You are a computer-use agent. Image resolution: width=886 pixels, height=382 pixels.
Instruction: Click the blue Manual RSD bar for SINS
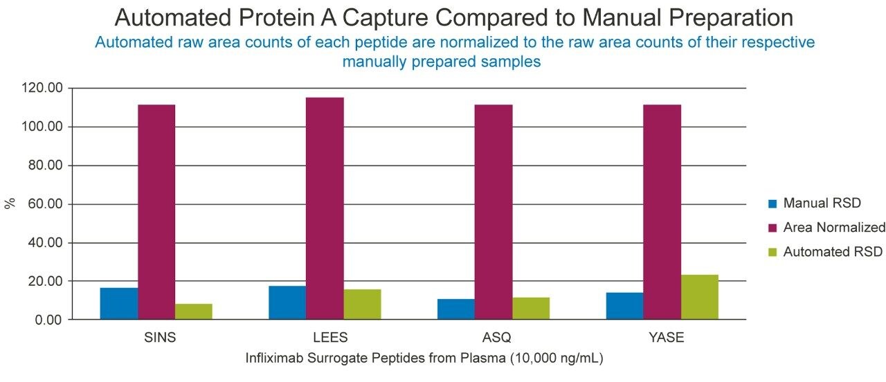coord(118,304)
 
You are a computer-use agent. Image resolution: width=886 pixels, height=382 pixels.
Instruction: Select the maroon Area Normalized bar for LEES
coord(325,208)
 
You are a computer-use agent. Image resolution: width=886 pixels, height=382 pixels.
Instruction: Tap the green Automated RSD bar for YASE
coord(699,298)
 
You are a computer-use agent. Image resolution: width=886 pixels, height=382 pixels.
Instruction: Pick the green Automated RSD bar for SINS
coord(193,312)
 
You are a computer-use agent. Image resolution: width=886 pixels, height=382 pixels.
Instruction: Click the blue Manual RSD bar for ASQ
coord(455,309)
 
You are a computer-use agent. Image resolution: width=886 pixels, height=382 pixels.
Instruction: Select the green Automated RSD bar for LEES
coord(362,304)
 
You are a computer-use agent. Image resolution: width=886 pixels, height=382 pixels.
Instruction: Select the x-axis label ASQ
coord(494,338)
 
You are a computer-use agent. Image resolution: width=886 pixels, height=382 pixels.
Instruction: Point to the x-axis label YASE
coord(662,338)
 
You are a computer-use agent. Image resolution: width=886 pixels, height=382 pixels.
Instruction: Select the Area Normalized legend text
coord(834,228)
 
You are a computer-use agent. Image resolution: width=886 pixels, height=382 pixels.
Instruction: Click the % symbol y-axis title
coord(10,203)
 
